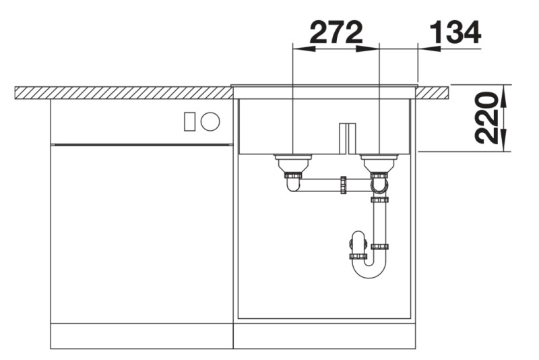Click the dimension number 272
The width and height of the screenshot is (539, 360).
[336, 32]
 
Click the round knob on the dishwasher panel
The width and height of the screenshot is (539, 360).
[210, 121]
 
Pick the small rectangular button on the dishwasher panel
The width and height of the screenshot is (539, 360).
[189, 121]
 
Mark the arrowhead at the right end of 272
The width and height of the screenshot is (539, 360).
[370, 48]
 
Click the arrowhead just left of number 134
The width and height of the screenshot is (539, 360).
[428, 48]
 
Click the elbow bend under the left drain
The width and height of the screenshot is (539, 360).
[294, 183]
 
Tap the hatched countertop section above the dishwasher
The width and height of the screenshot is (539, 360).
[121, 92]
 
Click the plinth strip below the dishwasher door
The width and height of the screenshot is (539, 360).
[141, 335]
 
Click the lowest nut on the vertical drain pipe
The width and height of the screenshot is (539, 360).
[380, 247]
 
